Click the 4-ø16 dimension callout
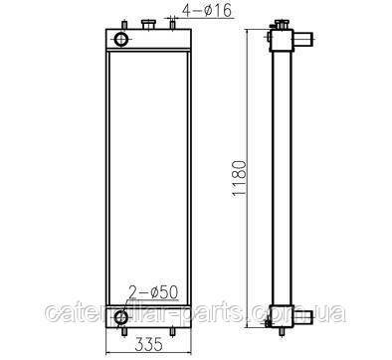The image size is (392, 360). tap(206, 11)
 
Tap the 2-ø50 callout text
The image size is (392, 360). tap(153, 292)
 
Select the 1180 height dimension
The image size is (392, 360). tap(239, 179)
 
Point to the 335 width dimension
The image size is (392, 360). tap(148, 344)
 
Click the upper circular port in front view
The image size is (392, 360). tap(121, 39)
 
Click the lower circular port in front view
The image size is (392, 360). tap(121, 317)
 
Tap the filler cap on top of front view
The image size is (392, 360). tap(148, 24)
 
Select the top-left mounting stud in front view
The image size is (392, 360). tap(124, 25)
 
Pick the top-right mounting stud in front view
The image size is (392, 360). tap(172, 25)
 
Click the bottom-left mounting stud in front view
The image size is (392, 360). tap(124, 332)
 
